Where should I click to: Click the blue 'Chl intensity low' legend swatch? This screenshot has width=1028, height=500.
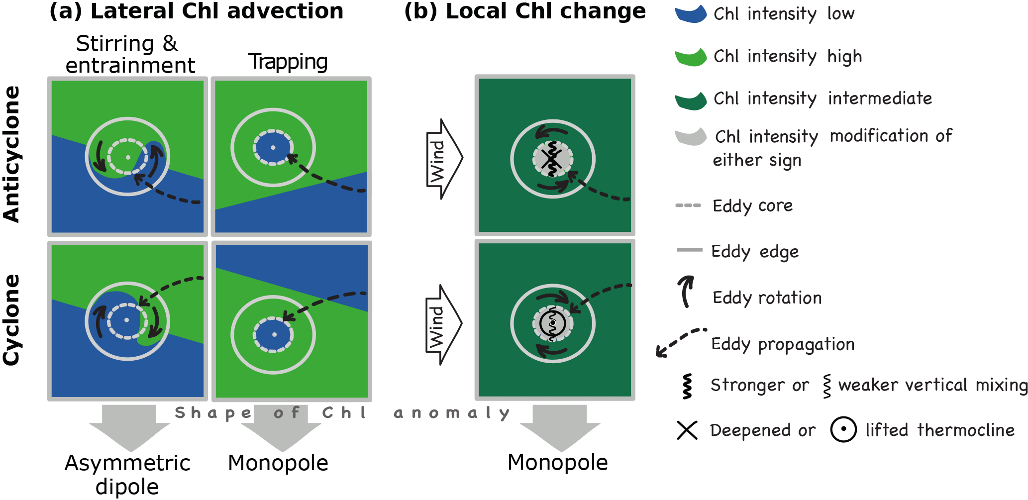pyautogui.click(x=691, y=14)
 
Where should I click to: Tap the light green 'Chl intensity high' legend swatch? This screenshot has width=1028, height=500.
pyautogui.click(x=691, y=57)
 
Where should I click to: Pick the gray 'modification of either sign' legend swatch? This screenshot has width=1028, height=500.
pyautogui.click(x=691, y=137)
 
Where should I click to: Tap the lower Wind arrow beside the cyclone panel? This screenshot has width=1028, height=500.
pyautogui.click(x=442, y=325)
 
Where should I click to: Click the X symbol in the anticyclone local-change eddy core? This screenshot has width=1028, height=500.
pyautogui.click(x=552, y=159)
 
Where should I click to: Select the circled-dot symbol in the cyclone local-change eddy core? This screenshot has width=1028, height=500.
pyautogui.click(x=552, y=323)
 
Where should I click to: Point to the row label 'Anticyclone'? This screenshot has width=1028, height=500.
pyautogui.click(x=12, y=154)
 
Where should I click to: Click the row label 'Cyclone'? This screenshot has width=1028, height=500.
pyautogui.click(x=12, y=320)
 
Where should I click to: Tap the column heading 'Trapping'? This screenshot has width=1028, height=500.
pyautogui.click(x=288, y=62)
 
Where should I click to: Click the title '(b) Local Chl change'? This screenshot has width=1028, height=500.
pyautogui.click(x=525, y=11)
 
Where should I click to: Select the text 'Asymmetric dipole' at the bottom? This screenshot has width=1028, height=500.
pyautogui.click(x=127, y=474)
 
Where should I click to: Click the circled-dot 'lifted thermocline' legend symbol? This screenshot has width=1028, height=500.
pyautogui.click(x=843, y=429)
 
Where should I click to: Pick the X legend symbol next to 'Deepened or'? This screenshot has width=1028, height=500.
pyautogui.click(x=687, y=430)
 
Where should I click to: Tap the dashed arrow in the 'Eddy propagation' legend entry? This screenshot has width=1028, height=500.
pyautogui.click(x=681, y=342)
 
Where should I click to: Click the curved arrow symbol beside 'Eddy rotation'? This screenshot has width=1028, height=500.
pyautogui.click(x=686, y=292)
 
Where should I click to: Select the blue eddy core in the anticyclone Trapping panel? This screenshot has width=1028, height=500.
pyautogui.click(x=273, y=148)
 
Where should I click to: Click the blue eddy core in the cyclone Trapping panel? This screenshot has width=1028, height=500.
pyautogui.click(x=273, y=335)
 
